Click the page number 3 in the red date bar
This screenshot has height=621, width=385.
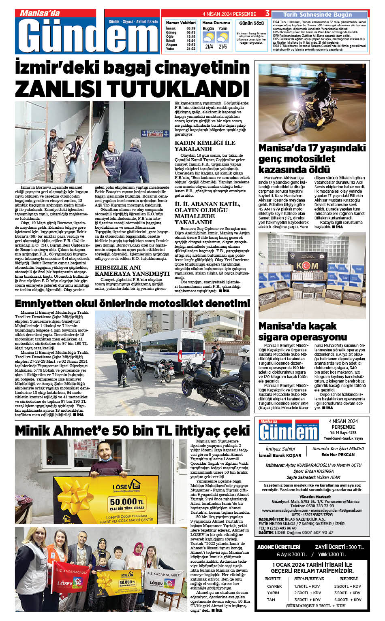point(267,13)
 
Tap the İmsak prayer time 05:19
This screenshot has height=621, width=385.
point(191,28)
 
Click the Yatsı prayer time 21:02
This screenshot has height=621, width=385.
point(191,49)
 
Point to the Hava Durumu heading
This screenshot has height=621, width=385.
point(216,23)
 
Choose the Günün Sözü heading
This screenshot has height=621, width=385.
point(251,23)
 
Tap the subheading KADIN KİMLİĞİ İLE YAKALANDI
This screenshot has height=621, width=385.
point(205,146)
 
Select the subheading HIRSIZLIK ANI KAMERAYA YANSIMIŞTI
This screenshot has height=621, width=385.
point(132,270)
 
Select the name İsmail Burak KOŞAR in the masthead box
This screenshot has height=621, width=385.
point(280,455)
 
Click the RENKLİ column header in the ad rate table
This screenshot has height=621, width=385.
point(349,578)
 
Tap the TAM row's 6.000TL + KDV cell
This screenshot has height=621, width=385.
point(348,600)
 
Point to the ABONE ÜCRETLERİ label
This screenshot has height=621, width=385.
point(279,547)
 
